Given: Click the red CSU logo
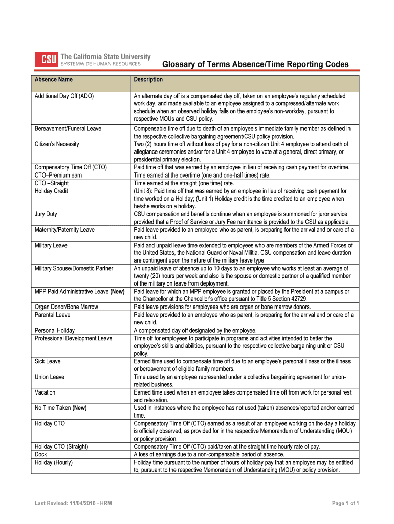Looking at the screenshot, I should [x=46, y=60].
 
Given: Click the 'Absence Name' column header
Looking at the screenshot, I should [x=53, y=80].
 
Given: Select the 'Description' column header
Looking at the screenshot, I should [x=148, y=80].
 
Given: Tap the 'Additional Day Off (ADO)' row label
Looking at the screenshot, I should [x=64, y=96].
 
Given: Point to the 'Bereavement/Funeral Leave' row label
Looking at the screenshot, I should [x=68, y=129].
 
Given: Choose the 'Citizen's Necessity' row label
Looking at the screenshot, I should [x=57, y=144].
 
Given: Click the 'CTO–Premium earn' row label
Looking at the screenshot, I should [x=58, y=175].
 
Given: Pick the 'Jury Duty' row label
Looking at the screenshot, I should [x=46, y=214].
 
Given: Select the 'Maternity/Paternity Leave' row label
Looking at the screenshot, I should [x=64, y=230].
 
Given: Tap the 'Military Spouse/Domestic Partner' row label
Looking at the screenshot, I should [x=74, y=268].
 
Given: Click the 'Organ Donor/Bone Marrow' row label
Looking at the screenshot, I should [x=66, y=307].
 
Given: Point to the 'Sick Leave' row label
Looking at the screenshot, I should [x=48, y=361].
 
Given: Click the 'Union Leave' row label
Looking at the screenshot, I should [x=50, y=377].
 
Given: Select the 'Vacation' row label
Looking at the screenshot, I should [x=45, y=392].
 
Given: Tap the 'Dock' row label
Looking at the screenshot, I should [x=40, y=454].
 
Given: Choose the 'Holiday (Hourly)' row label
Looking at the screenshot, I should [x=54, y=462].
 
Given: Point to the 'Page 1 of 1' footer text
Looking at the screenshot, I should [x=345, y=504].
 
